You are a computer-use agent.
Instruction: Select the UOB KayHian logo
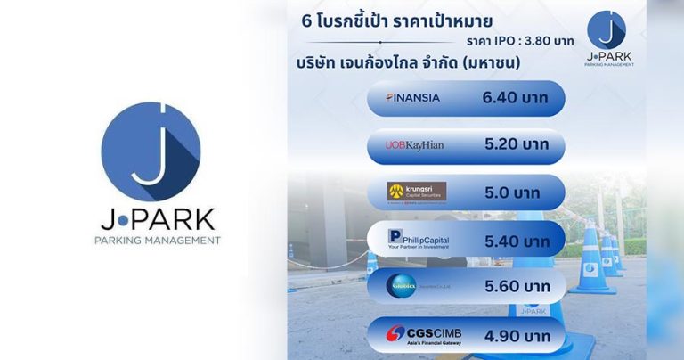coord(415,144)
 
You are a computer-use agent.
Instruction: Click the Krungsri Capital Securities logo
coord(416,192)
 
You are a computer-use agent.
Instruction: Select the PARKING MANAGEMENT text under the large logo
coord(158,241)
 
